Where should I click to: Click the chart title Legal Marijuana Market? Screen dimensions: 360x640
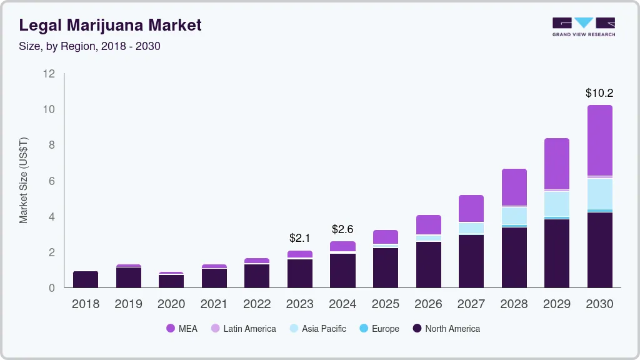[110, 25]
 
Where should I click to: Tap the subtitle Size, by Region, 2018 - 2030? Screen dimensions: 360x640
[90, 46]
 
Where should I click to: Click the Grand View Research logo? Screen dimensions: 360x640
[583, 26]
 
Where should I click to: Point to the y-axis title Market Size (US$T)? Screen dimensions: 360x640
[24, 181]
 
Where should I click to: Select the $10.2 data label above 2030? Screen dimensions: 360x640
[599, 93]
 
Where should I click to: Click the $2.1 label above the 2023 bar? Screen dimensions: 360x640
[299, 238]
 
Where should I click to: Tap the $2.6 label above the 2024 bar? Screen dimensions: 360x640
[342, 229]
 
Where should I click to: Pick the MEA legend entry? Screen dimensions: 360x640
[182, 329]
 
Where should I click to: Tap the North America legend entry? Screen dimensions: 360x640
[446, 329]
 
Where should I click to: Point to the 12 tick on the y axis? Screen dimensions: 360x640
[49, 74]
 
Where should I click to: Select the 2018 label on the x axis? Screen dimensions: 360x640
[86, 304]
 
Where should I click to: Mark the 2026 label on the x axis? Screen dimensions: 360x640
[428, 304]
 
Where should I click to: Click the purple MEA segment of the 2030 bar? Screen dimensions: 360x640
[599, 141]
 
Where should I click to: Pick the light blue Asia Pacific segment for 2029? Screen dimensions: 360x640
[557, 204]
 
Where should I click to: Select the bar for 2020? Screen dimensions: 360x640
[171, 281]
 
